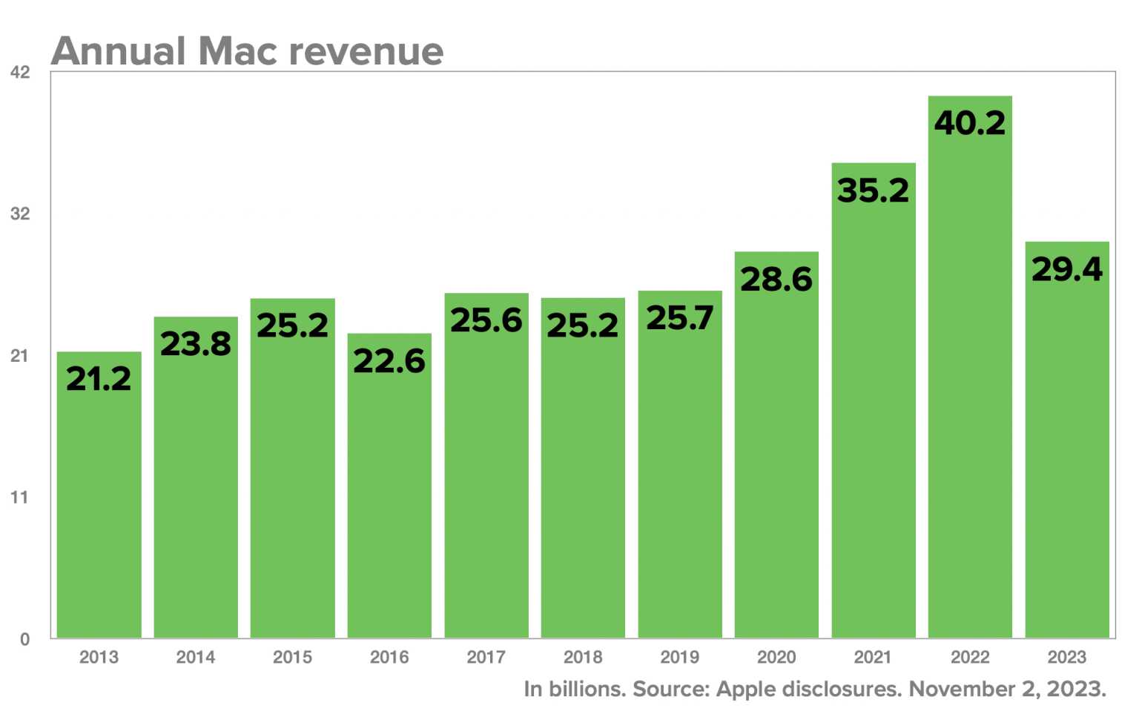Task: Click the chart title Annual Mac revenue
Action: click(x=248, y=51)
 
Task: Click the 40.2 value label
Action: click(x=970, y=123)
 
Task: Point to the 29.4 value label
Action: click(x=1067, y=269)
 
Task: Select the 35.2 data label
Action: click(x=874, y=191)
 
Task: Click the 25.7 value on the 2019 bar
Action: click(x=680, y=319)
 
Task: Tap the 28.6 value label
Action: click(x=776, y=280)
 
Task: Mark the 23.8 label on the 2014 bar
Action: click(x=196, y=344)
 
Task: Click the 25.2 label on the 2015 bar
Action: click(x=292, y=326)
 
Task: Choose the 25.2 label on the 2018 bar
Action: click(x=583, y=326)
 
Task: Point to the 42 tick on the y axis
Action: click(x=20, y=73)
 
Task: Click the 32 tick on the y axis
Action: click(x=20, y=214)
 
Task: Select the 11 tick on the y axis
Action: click(x=20, y=498)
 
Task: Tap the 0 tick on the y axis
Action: click(x=24, y=639)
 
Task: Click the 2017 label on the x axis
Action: click(x=486, y=657)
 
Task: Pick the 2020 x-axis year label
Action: click(x=776, y=657)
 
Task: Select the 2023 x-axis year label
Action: click(x=1067, y=657)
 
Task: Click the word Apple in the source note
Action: click(x=746, y=690)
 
